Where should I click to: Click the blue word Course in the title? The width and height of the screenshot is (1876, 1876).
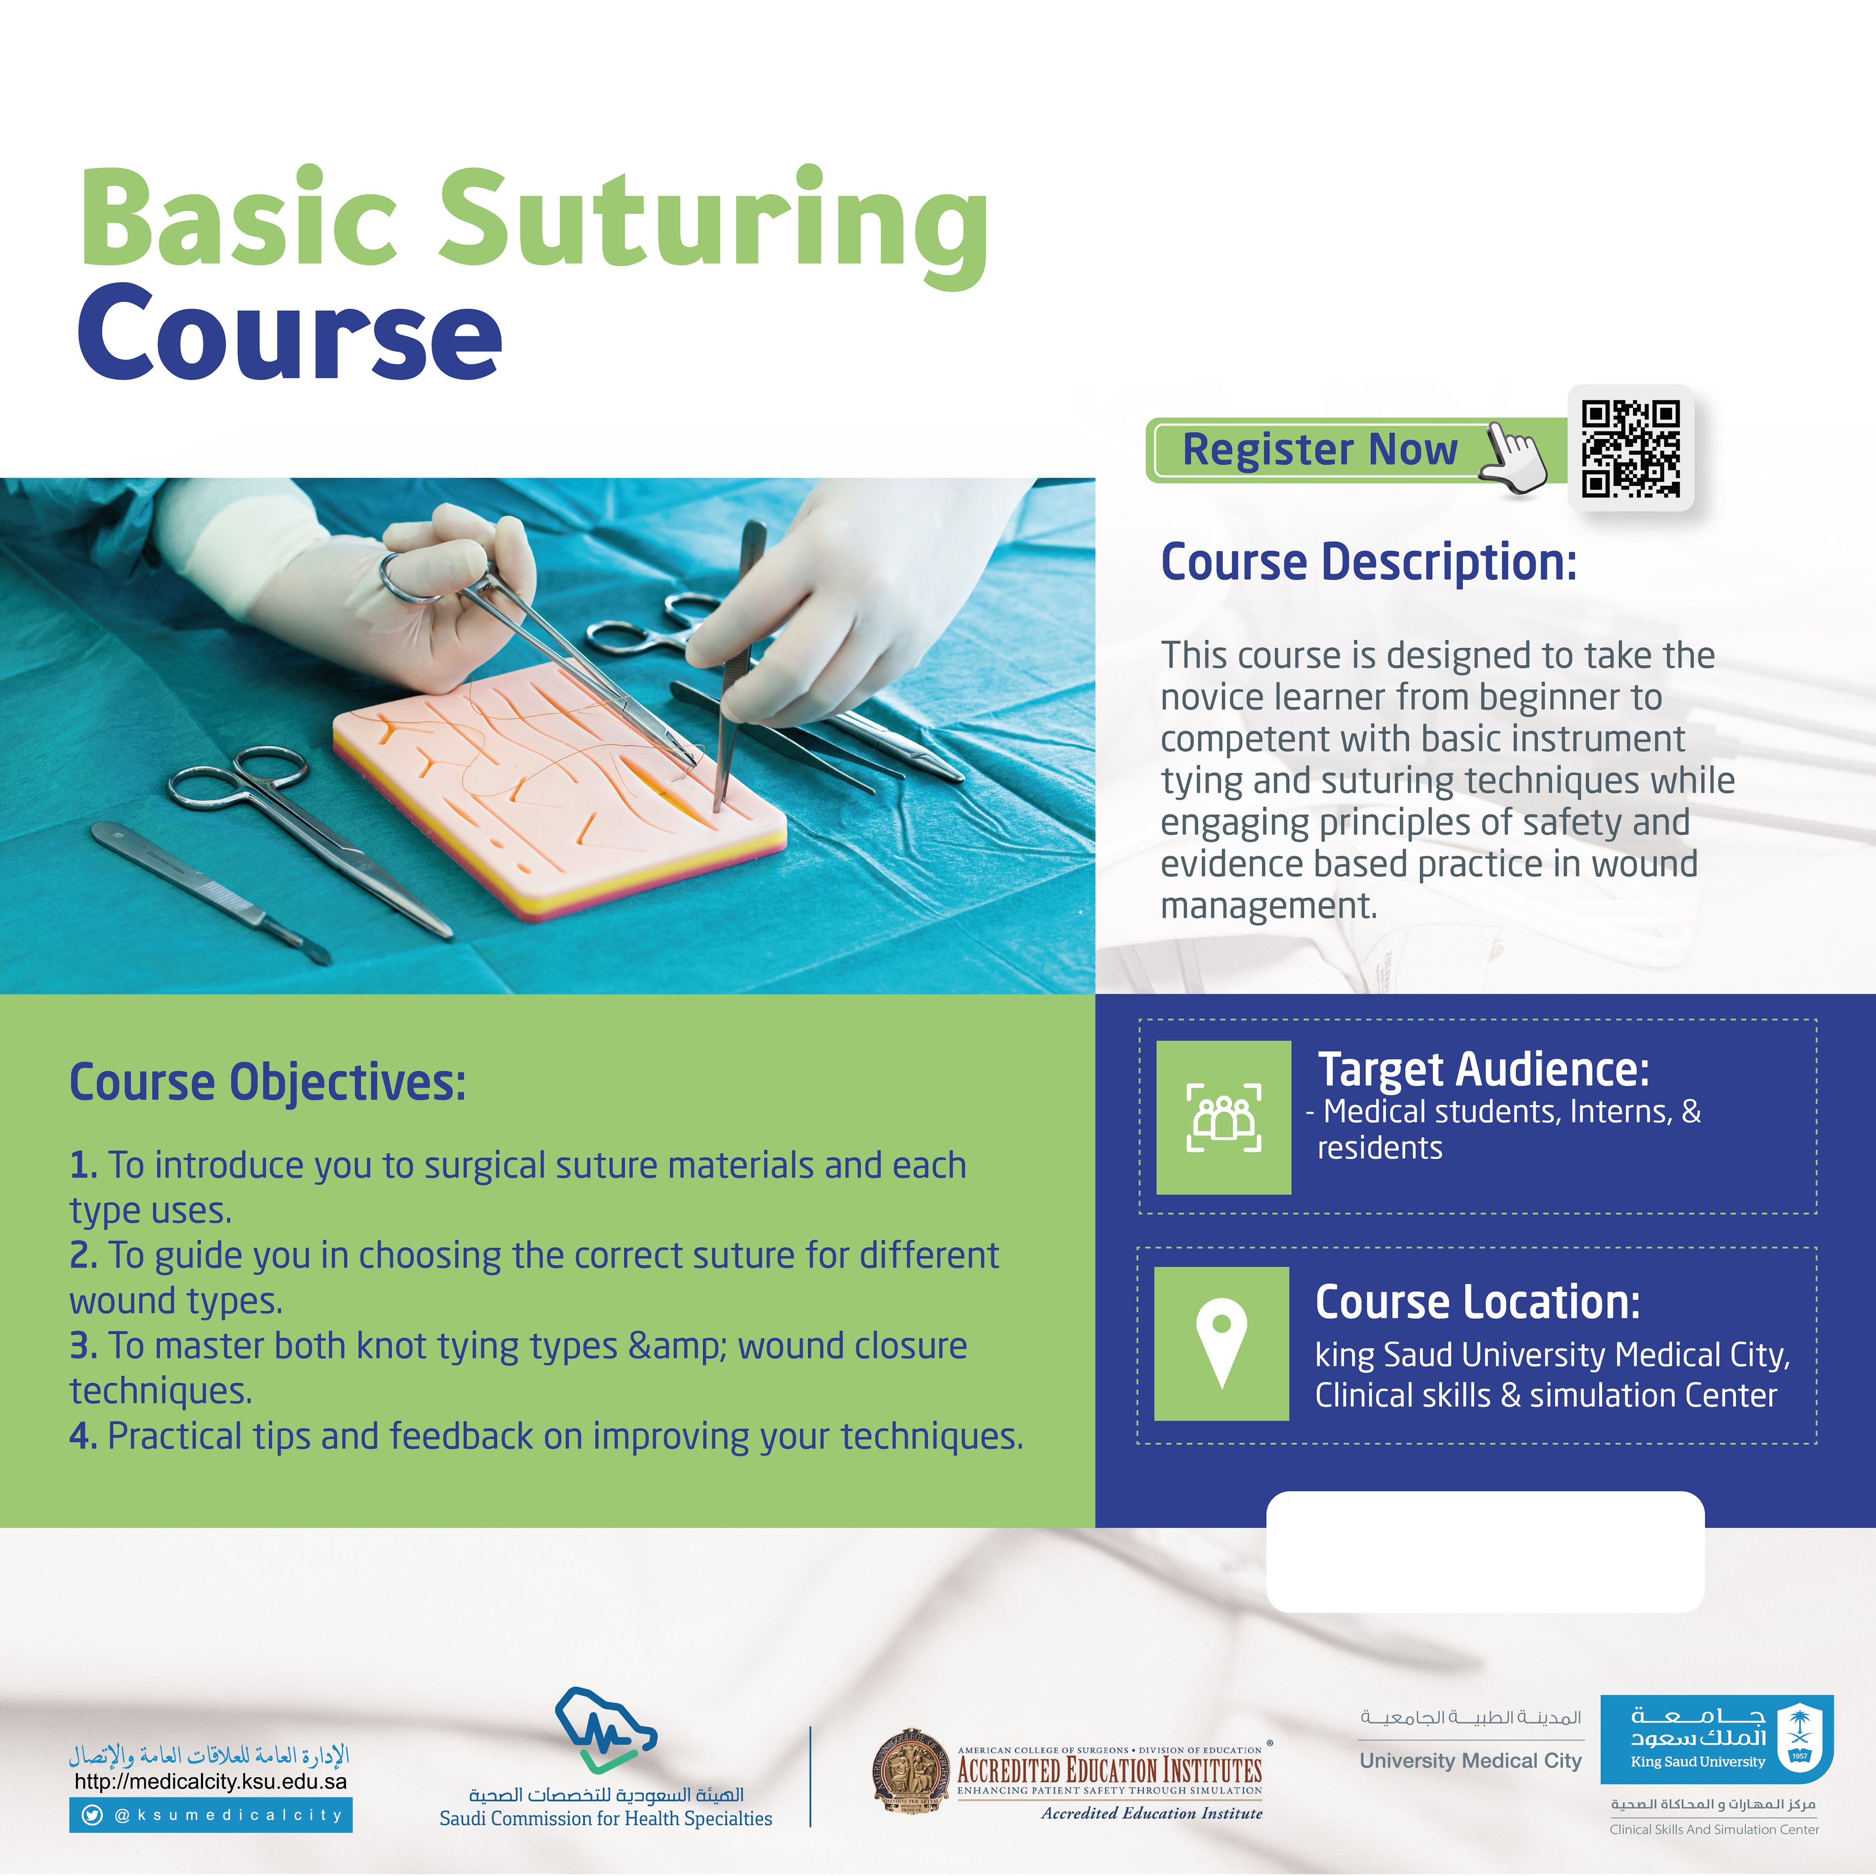click(289, 333)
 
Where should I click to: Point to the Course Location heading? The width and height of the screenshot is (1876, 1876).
click(1477, 1302)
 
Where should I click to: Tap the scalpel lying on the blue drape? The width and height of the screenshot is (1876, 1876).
click(209, 893)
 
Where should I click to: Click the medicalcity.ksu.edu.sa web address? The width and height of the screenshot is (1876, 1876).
click(211, 1782)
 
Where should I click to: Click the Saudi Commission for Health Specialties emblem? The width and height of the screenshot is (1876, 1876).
click(605, 1730)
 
